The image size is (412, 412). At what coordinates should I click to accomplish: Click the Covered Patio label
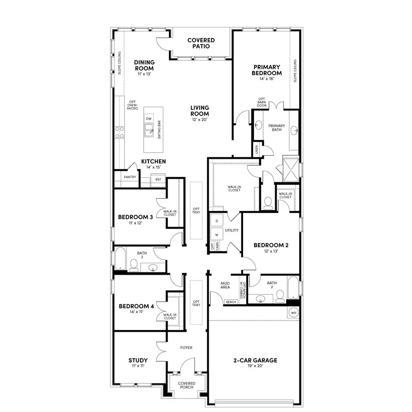[x=201, y=43]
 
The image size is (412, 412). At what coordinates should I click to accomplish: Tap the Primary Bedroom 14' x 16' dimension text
[x=266, y=79]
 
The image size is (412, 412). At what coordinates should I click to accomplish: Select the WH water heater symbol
[x=293, y=313]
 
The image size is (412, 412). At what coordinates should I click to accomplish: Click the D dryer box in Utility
[x=217, y=221]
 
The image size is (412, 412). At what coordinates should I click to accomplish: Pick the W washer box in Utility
[x=217, y=234]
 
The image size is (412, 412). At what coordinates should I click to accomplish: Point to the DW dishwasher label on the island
[x=149, y=119]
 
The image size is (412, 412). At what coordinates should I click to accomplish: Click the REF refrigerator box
[x=158, y=179]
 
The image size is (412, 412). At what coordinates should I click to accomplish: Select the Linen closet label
[x=256, y=149]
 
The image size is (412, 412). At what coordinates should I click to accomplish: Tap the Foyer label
[x=186, y=347]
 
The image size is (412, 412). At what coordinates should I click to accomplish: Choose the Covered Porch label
[x=186, y=385]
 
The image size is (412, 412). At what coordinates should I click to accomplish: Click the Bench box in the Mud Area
[x=231, y=302]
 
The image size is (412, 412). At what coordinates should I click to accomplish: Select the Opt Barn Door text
[x=262, y=102]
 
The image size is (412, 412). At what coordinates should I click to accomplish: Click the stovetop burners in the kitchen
[x=119, y=133]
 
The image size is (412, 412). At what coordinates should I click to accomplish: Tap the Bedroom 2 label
[x=271, y=245]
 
